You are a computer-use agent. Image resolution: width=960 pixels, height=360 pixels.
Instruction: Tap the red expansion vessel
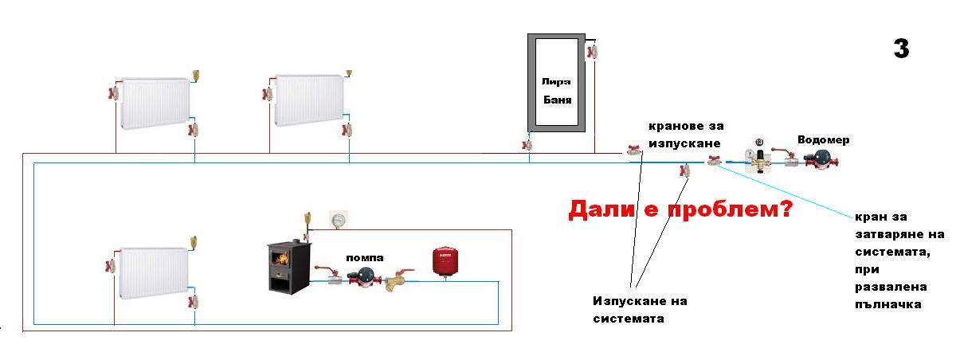tap(443, 262)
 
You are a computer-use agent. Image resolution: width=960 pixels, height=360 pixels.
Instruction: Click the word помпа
tap(364, 257)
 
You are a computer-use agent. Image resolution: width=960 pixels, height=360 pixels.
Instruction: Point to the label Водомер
tap(823, 140)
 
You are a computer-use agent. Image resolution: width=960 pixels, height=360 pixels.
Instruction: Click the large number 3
tap(900, 49)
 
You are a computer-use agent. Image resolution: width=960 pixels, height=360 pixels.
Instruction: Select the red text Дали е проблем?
tap(679, 209)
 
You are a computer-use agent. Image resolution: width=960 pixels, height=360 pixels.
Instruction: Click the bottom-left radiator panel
tap(155, 272)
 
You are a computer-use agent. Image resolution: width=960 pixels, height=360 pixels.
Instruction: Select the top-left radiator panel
tap(155, 102)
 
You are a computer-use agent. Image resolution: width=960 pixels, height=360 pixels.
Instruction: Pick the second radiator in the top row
tap(309, 100)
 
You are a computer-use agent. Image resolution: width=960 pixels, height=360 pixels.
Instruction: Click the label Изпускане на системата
tap(640, 310)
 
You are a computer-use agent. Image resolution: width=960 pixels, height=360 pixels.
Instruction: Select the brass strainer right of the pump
tap(396, 282)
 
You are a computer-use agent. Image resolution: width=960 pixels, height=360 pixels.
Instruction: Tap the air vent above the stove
tap(308, 218)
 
